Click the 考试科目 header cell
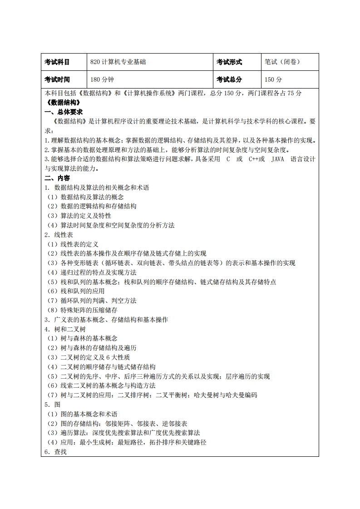[x=57, y=62]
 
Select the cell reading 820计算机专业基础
[x=118, y=62]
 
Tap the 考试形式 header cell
[x=229, y=62]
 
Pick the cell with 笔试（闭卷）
[x=282, y=62]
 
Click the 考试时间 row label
[x=57, y=79]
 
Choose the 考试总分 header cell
[x=229, y=79]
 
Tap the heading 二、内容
[x=57, y=178]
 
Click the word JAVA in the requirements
[x=277, y=159]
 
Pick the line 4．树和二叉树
[x=65, y=329]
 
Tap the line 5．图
[x=52, y=405]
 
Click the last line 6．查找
[x=55, y=452]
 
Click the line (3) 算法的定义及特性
[x=79, y=216]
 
